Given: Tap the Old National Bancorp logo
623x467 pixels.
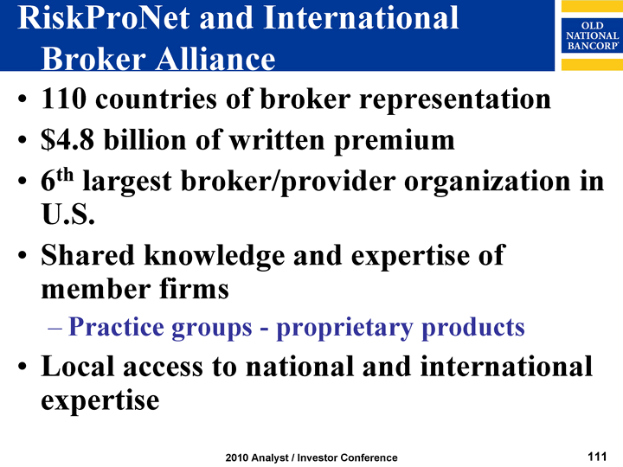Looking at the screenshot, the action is pos(592,35).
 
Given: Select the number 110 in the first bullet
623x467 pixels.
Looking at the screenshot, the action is pos(63,99).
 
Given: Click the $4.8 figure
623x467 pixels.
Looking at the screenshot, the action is pos(67,140).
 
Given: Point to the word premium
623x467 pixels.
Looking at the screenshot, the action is pos(395,142).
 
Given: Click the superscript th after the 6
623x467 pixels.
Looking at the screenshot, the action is pos(64,175).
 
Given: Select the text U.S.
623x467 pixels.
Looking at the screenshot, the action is pos(68,214).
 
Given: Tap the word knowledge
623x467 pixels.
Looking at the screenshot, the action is pos(215,256).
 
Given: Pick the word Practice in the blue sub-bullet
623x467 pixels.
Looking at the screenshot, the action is pos(116,327).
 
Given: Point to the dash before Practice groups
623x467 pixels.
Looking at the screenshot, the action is pos(55,329).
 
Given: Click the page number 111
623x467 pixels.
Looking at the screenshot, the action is pos(597,457).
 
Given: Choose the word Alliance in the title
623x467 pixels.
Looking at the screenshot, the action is pos(215,59).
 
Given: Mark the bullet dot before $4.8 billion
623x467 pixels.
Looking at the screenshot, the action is pos(22,140).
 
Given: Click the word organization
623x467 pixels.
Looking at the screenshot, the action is pos(487,182).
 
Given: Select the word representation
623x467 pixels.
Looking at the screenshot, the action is pos(455,100).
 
